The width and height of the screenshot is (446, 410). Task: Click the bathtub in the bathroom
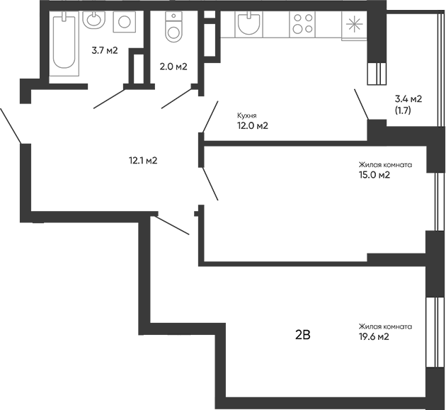point(64,42)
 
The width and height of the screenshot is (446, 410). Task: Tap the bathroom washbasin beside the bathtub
point(93,21)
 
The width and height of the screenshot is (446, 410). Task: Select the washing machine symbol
point(124,22)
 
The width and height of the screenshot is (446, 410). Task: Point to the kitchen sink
point(248,25)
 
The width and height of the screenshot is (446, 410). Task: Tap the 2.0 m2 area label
point(173,67)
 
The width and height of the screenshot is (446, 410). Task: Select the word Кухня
point(246,115)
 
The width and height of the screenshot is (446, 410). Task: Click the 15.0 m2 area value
point(375,176)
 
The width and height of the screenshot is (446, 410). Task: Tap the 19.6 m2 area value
point(374,337)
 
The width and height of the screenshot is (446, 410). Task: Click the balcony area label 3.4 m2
point(408,99)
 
